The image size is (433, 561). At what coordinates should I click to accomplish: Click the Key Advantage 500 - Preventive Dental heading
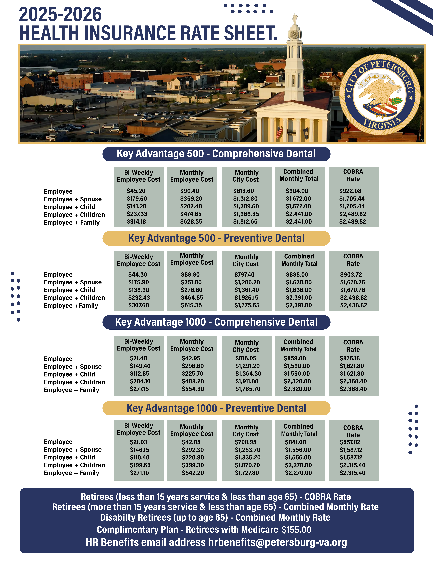pyautogui.click(x=216, y=238)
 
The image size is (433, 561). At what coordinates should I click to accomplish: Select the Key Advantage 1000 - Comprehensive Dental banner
pyautogui.click(x=216, y=322)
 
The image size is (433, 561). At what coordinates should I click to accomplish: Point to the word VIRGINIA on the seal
pyautogui.click(x=382, y=123)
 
